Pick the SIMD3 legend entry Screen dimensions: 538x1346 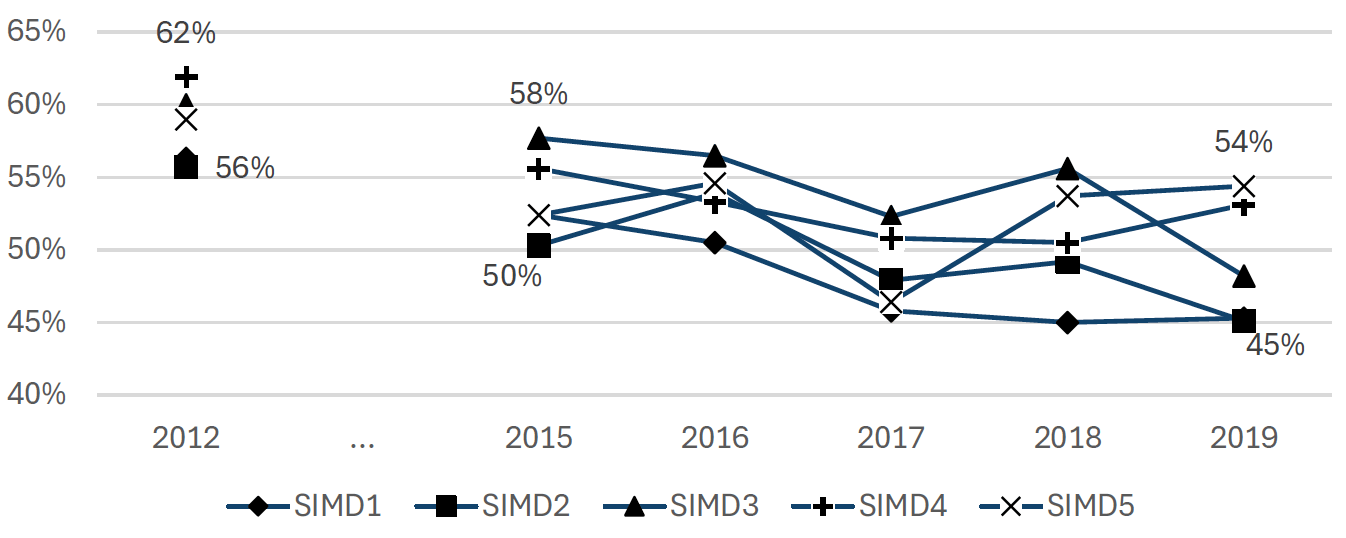[x=682, y=506]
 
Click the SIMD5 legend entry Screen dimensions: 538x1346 [x=1058, y=506]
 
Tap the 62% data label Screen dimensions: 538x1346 [x=186, y=33]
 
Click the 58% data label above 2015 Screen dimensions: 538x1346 [x=538, y=95]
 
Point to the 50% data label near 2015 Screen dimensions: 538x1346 [x=512, y=276]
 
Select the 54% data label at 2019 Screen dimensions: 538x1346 [x=1243, y=143]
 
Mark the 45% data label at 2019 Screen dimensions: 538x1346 [x=1275, y=346]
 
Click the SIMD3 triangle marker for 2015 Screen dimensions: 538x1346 [x=539, y=138]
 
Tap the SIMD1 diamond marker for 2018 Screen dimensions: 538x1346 [x=1067, y=323]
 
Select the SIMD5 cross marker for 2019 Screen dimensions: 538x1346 [x=1243, y=187]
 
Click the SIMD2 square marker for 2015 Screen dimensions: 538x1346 [x=539, y=246]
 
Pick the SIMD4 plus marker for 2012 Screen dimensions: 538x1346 [x=186, y=77]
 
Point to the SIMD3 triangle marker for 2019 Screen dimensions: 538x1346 [x=1243, y=276]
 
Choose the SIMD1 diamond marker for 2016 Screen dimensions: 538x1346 [x=715, y=243]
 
